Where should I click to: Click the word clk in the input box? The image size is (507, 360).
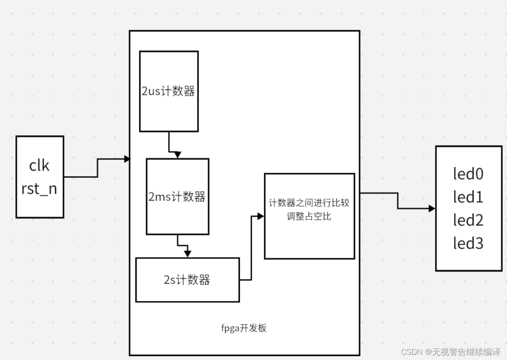click(39, 165)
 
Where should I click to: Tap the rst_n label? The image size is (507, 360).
click(39, 189)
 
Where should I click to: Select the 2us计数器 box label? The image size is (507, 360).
click(169, 91)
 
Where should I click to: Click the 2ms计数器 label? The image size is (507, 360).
click(177, 197)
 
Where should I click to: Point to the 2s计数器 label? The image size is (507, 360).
click(187, 280)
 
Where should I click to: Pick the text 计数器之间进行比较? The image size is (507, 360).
click(309, 203)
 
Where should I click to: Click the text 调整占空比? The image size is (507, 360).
click(309, 216)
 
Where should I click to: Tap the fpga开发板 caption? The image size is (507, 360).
click(244, 328)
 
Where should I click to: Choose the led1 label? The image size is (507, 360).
click(468, 197)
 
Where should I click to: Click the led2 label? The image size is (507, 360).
click(468, 220)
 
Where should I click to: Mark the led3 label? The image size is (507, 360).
click(468, 243)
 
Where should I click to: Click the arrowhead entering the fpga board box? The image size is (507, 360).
click(127, 159)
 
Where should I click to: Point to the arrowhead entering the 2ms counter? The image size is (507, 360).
click(178, 155)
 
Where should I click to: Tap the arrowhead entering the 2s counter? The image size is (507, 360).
click(188, 254)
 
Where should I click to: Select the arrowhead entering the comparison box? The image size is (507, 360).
click(260, 217)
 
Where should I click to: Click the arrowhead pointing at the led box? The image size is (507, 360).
click(432, 209)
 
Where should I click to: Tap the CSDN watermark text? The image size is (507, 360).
click(450, 352)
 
